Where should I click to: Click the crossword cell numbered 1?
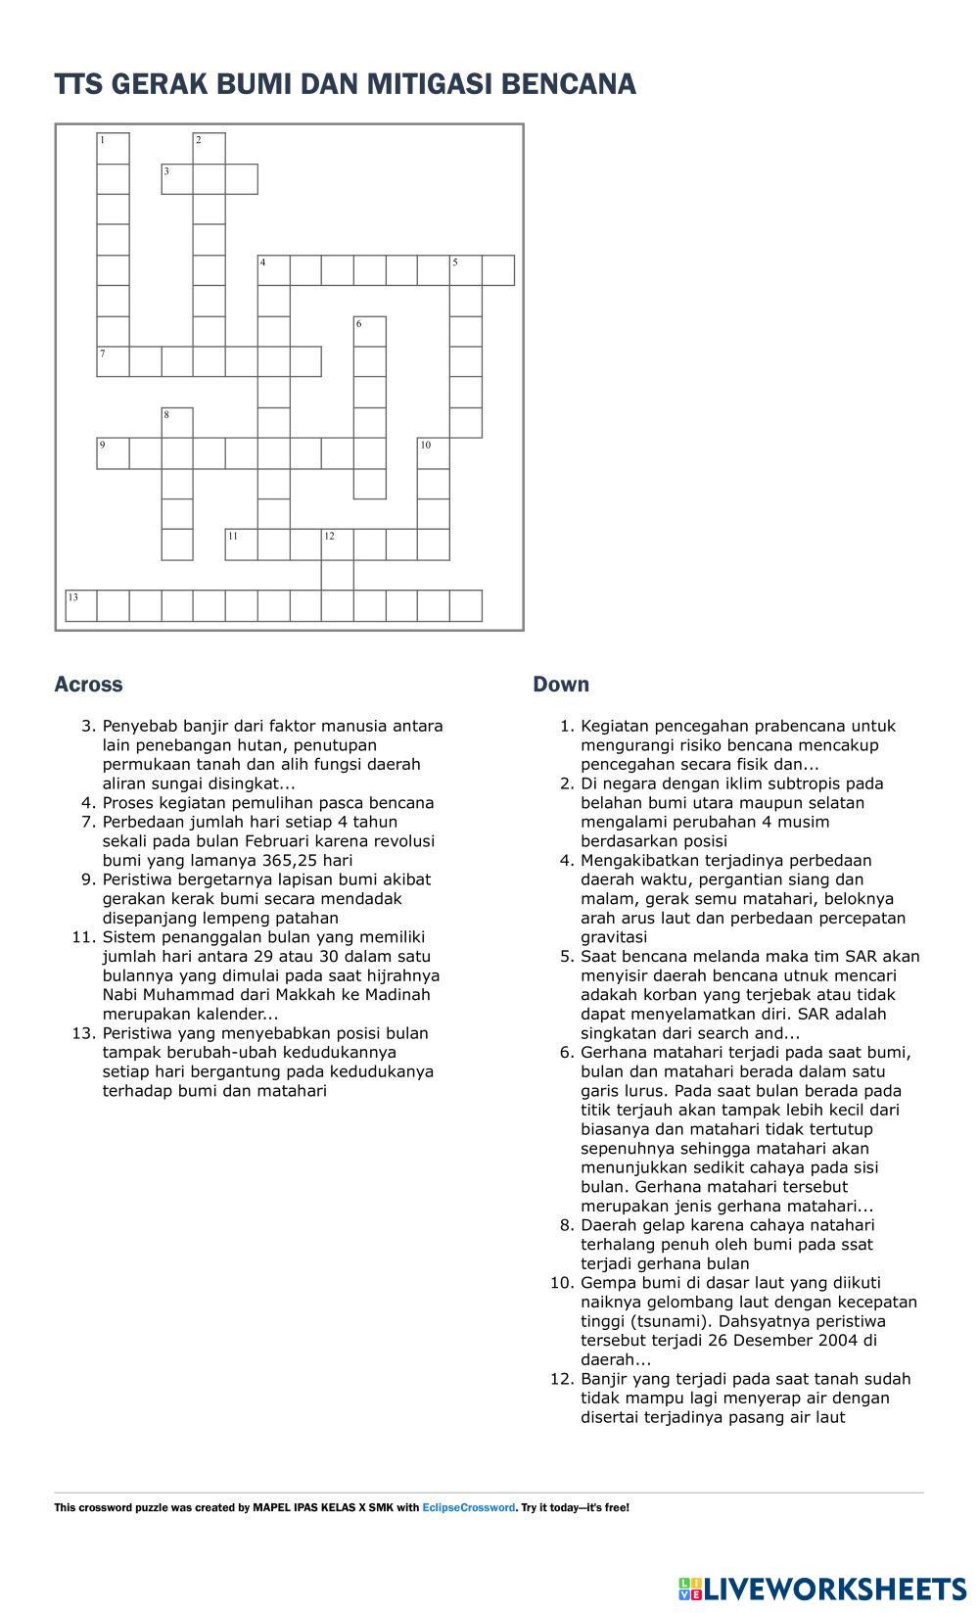click(113, 148)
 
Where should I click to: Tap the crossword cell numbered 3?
click(177, 179)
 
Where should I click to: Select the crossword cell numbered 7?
click(113, 361)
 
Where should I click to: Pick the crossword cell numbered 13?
click(81, 605)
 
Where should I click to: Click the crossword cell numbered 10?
click(434, 453)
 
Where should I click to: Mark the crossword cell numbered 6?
click(369, 332)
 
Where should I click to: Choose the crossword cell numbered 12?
click(338, 545)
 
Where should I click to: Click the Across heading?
click(88, 685)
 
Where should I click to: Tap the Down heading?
click(561, 685)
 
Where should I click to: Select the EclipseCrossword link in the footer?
click(468, 1507)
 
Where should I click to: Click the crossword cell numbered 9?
click(113, 453)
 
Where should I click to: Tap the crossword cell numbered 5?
click(466, 270)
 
